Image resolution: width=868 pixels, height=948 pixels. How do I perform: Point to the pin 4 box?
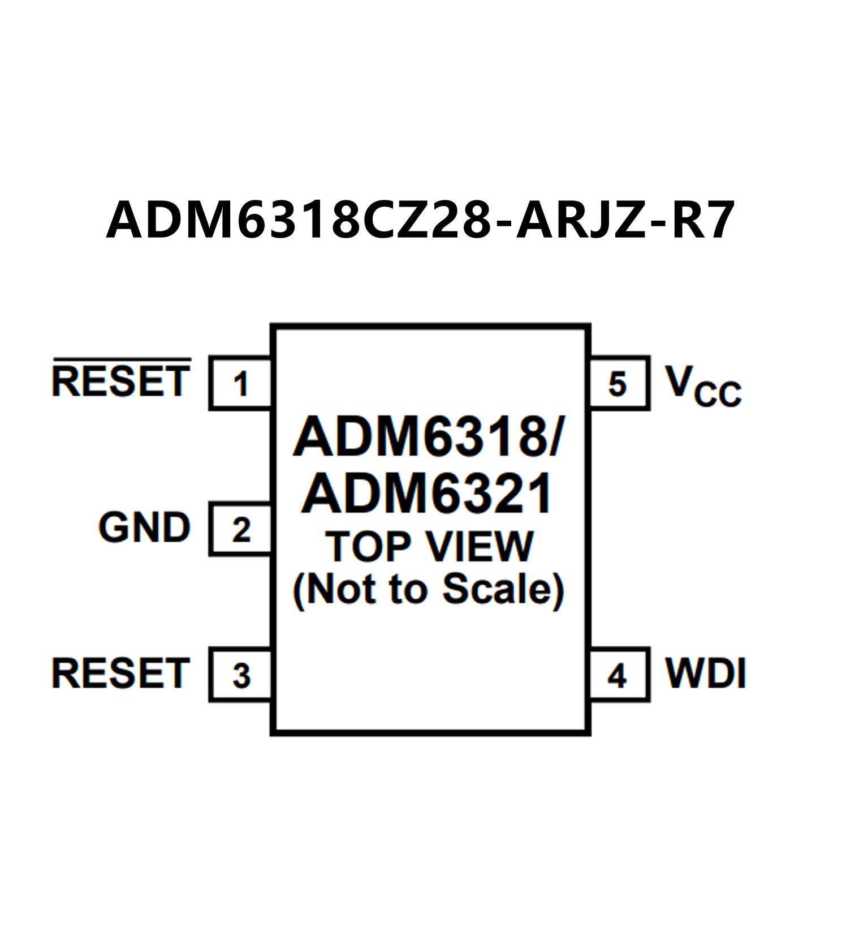click(618, 675)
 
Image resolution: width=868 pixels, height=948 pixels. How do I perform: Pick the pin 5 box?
click(618, 383)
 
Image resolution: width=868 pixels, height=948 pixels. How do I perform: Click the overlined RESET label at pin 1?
click(121, 381)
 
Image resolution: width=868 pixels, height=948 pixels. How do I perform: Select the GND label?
click(145, 527)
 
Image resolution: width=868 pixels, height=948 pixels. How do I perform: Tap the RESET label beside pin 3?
click(121, 674)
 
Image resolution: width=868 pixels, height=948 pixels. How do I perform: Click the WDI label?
click(706, 674)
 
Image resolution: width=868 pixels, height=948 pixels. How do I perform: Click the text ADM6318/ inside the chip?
click(428, 437)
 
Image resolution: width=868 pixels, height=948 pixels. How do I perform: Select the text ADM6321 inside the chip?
click(427, 494)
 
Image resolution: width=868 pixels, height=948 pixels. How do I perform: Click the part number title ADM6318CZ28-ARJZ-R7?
click(420, 220)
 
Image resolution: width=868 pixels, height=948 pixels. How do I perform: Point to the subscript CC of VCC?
click(718, 394)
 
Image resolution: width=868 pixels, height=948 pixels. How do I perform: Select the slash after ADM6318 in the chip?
click(555, 437)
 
